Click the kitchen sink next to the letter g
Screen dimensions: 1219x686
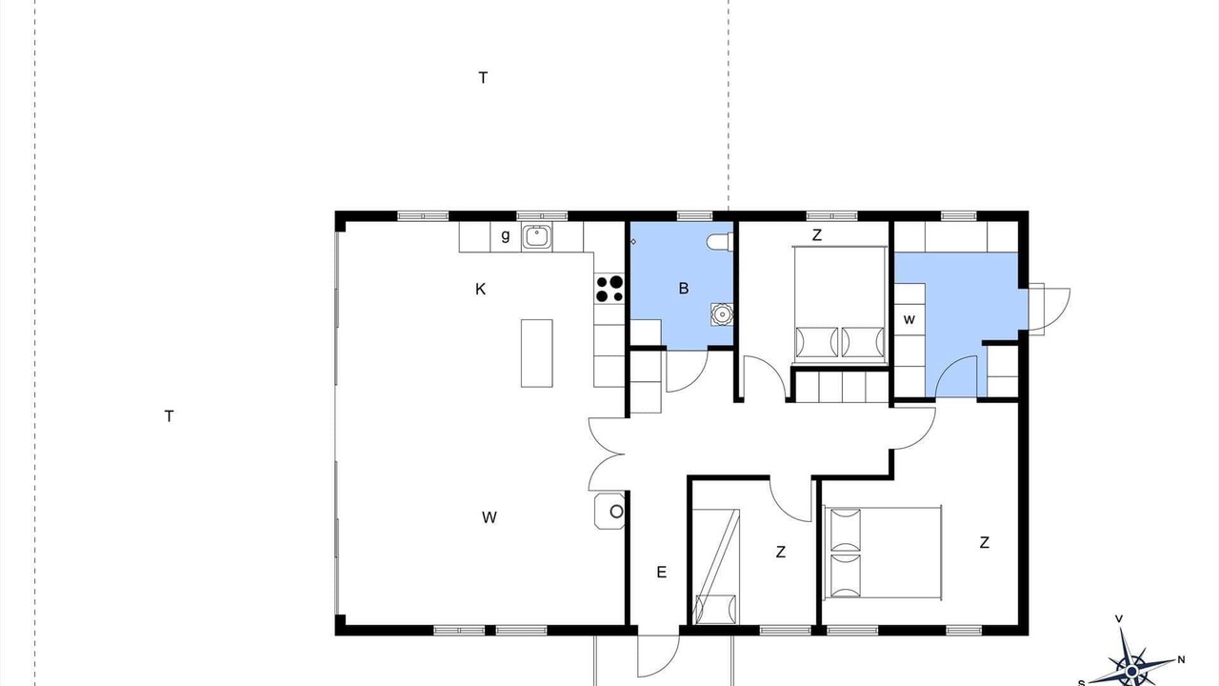tap(537, 236)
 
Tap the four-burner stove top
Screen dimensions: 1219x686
tap(609, 289)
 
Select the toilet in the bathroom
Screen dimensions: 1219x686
tap(720, 242)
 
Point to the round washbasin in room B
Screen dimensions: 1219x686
tap(722, 314)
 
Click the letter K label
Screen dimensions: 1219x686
tap(480, 289)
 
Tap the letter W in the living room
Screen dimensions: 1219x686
tap(490, 517)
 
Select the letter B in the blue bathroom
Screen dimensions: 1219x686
tap(684, 288)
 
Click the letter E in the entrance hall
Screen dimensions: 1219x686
tap(661, 572)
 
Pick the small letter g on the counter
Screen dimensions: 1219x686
tap(506, 235)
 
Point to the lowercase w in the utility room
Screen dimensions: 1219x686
tap(909, 319)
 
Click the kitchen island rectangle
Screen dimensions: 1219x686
tap(536, 353)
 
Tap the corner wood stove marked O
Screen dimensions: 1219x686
tap(609, 512)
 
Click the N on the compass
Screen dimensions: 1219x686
tap(1181, 660)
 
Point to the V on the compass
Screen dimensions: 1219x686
tap(1119, 618)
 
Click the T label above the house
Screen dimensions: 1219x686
tap(483, 78)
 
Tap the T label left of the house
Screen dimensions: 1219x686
tap(169, 416)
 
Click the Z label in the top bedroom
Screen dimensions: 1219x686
tap(816, 235)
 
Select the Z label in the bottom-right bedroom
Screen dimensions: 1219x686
tap(984, 542)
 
